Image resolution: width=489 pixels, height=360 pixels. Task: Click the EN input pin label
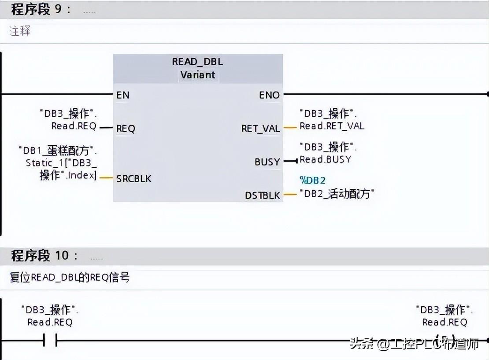tap(123, 95)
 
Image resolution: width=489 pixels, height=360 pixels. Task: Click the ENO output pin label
tap(269, 95)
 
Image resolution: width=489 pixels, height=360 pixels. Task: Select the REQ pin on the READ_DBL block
tap(126, 129)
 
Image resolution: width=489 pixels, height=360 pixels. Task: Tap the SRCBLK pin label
tap(133, 179)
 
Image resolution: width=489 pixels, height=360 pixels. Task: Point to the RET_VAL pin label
tap(260, 129)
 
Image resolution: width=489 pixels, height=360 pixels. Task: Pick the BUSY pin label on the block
tap(267, 162)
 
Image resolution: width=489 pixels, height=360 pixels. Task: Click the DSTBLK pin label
tap(263, 195)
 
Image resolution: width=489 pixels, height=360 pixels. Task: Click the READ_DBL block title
tap(197, 62)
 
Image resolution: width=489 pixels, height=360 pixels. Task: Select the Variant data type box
tap(198, 75)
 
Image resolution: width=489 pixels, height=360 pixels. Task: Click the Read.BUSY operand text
tap(325, 159)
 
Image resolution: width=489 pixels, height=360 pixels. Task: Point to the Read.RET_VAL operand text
tap(332, 126)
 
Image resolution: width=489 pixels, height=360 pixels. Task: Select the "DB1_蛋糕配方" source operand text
tap(57, 151)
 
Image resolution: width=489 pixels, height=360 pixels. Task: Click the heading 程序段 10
tap(44, 255)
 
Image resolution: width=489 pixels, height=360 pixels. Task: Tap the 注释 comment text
tap(20, 31)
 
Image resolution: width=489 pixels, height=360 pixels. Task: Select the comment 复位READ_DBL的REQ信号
tap(70, 278)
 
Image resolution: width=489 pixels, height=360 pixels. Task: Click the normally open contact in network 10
tap(51, 340)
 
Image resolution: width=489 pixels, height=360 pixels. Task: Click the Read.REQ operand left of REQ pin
tap(73, 126)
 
